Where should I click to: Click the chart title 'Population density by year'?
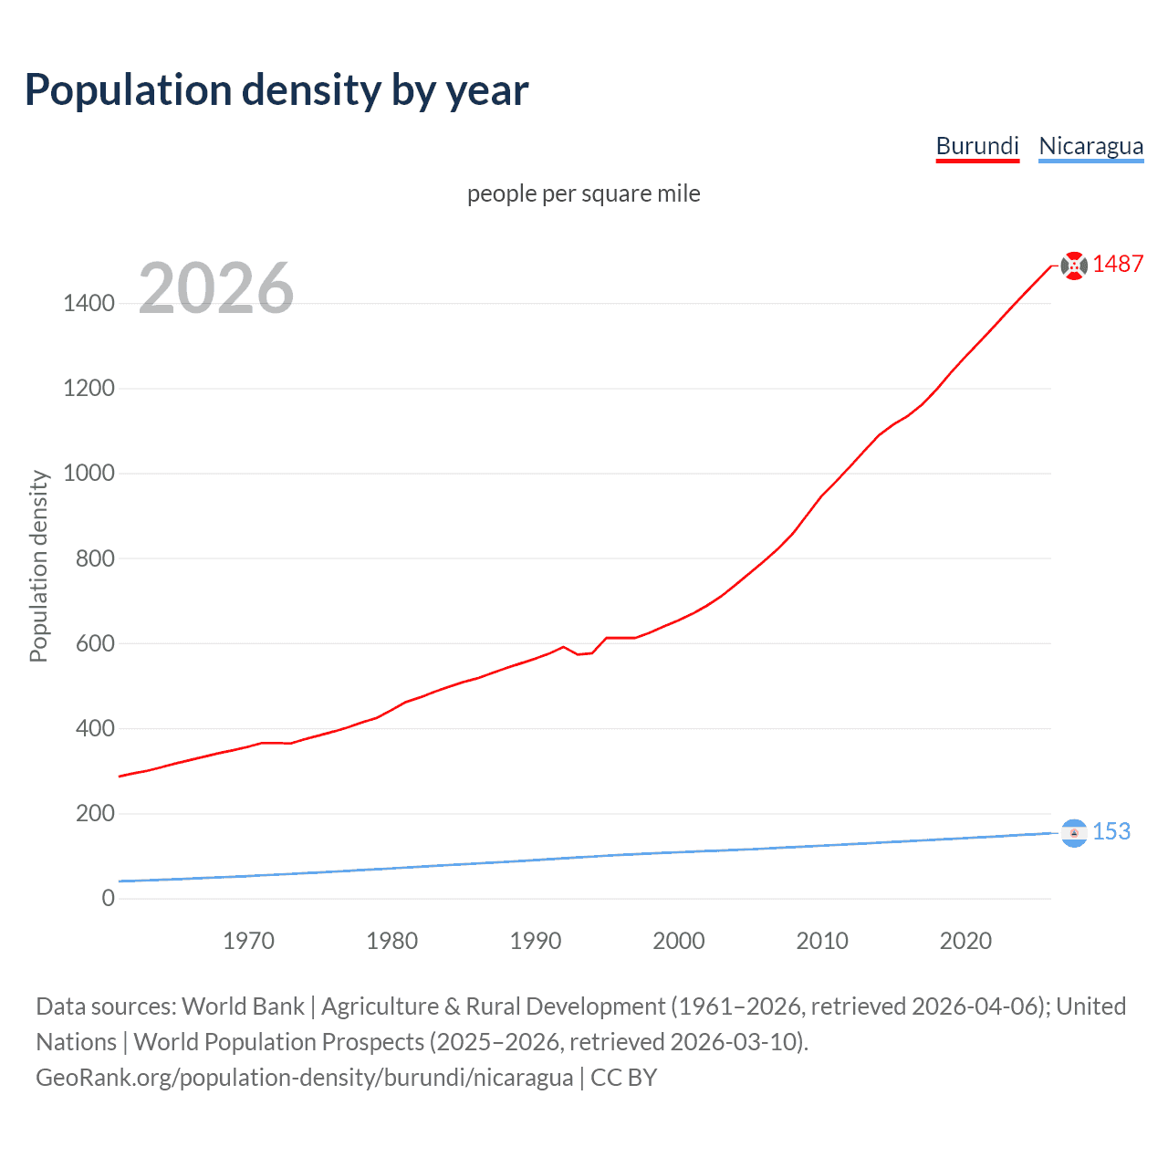pyautogui.click(x=276, y=90)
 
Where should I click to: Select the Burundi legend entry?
pyautogui.click(x=977, y=146)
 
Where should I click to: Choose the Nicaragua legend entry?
pyautogui.click(x=1090, y=146)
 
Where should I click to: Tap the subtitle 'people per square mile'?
pyautogui.click(x=583, y=193)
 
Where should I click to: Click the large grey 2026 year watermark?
pyautogui.click(x=216, y=288)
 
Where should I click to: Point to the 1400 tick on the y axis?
pyautogui.click(x=89, y=303)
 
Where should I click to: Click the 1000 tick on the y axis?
pyautogui.click(x=89, y=473)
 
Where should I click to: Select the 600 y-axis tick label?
pyautogui.click(x=95, y=643)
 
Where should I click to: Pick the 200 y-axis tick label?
pyautogui.click(x=95, y=813)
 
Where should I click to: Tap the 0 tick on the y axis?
pyautogui.click(x=108, y=898)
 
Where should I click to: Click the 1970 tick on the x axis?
pyautogui.click(x=248, y=941)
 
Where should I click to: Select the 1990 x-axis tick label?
pyautogui.click(x=536, y=941)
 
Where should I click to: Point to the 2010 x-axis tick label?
pyautogui.click(x=822, y=941)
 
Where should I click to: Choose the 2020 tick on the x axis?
pyautogui.click(x=965, y=941)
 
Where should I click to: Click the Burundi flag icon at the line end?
pyautogui.click(x=1074, y=266)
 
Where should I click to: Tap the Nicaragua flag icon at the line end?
pyautogui.click(x=1074, y=832)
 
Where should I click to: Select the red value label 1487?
pyautogui.click(x=1118, y=264)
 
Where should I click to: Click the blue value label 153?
pyautogui.click(x=1111, y=831)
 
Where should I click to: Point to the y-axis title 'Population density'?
pyautogui.click(x=38, y=566)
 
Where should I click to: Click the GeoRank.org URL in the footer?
pyautogui.click(x=304, y=1078)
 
